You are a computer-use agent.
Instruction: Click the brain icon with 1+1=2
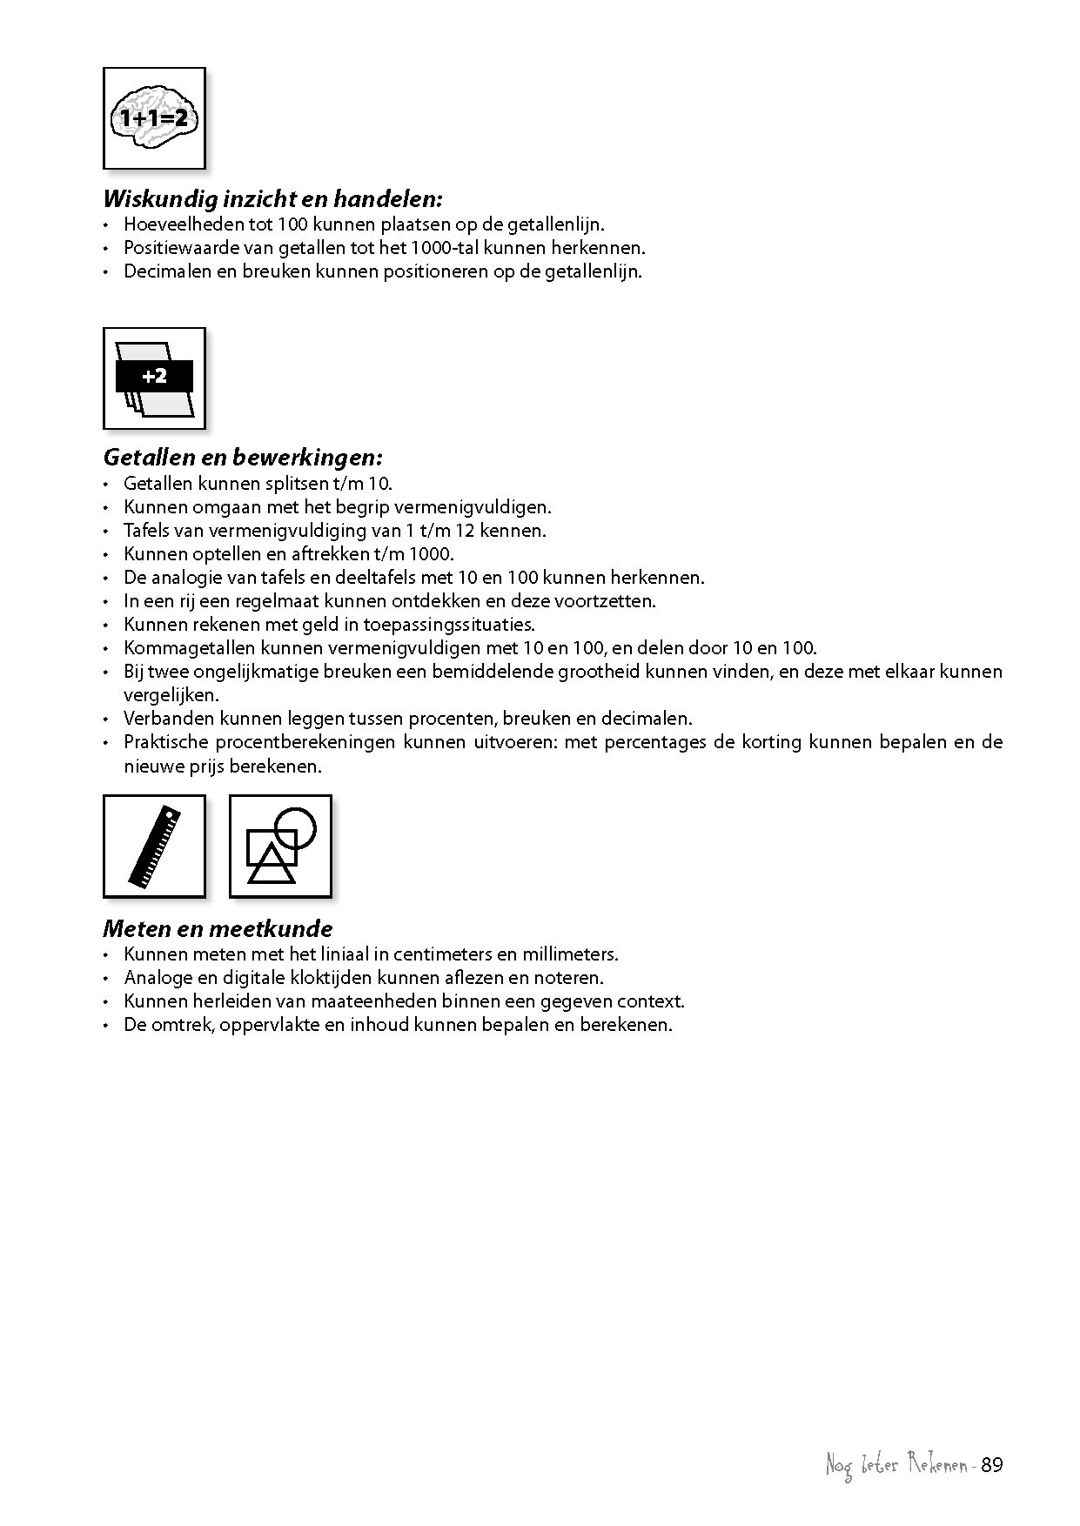[154, 118]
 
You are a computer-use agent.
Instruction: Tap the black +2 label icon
[154, 377]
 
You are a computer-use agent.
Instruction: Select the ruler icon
[155, 846]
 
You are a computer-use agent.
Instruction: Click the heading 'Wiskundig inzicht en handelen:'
[273, 198]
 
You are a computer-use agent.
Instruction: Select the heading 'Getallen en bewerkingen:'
[243, 457]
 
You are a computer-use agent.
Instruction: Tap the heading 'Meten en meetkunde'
[218, 928]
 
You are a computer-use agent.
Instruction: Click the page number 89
[992, 1465]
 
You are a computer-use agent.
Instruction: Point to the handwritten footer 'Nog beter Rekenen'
[897, 1466]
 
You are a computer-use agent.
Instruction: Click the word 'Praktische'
[165, 742]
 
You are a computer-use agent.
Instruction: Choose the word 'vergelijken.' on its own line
[171, 695]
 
